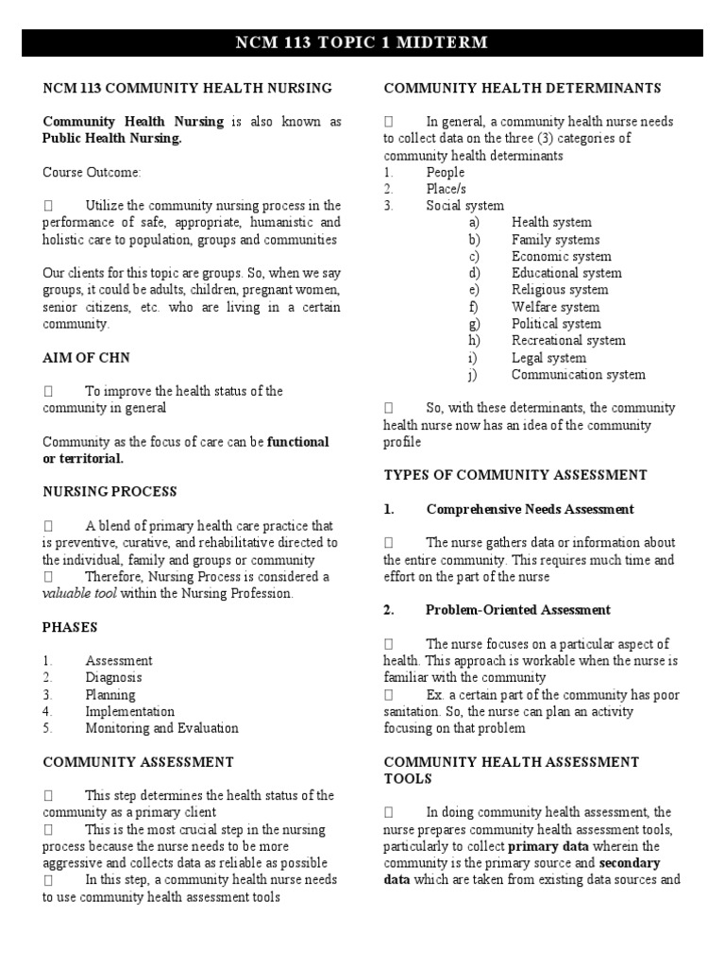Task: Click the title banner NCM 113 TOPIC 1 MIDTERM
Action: (362, 43)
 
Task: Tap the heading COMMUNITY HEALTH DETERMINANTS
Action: (522, 88)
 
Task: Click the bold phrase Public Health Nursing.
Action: (112, 139)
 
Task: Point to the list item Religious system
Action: (560, 290)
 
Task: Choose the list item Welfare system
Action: (555, 307)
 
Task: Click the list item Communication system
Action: (578, 375)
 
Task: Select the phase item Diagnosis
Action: (113, 677)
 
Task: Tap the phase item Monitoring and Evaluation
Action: (161, 728)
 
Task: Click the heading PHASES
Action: (70, 627)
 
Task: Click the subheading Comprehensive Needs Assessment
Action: (530, 509)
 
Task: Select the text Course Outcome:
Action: (91, 173)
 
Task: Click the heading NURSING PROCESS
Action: (110, 492)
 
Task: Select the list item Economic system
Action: (561, 256)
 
